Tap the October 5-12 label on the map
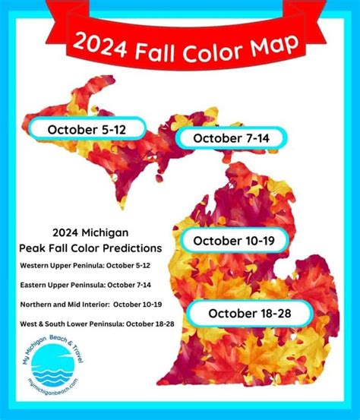click(86, 130)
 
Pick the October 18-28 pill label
click(249, 312)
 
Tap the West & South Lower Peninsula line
click(97, 324)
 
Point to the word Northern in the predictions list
click(40, 304)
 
